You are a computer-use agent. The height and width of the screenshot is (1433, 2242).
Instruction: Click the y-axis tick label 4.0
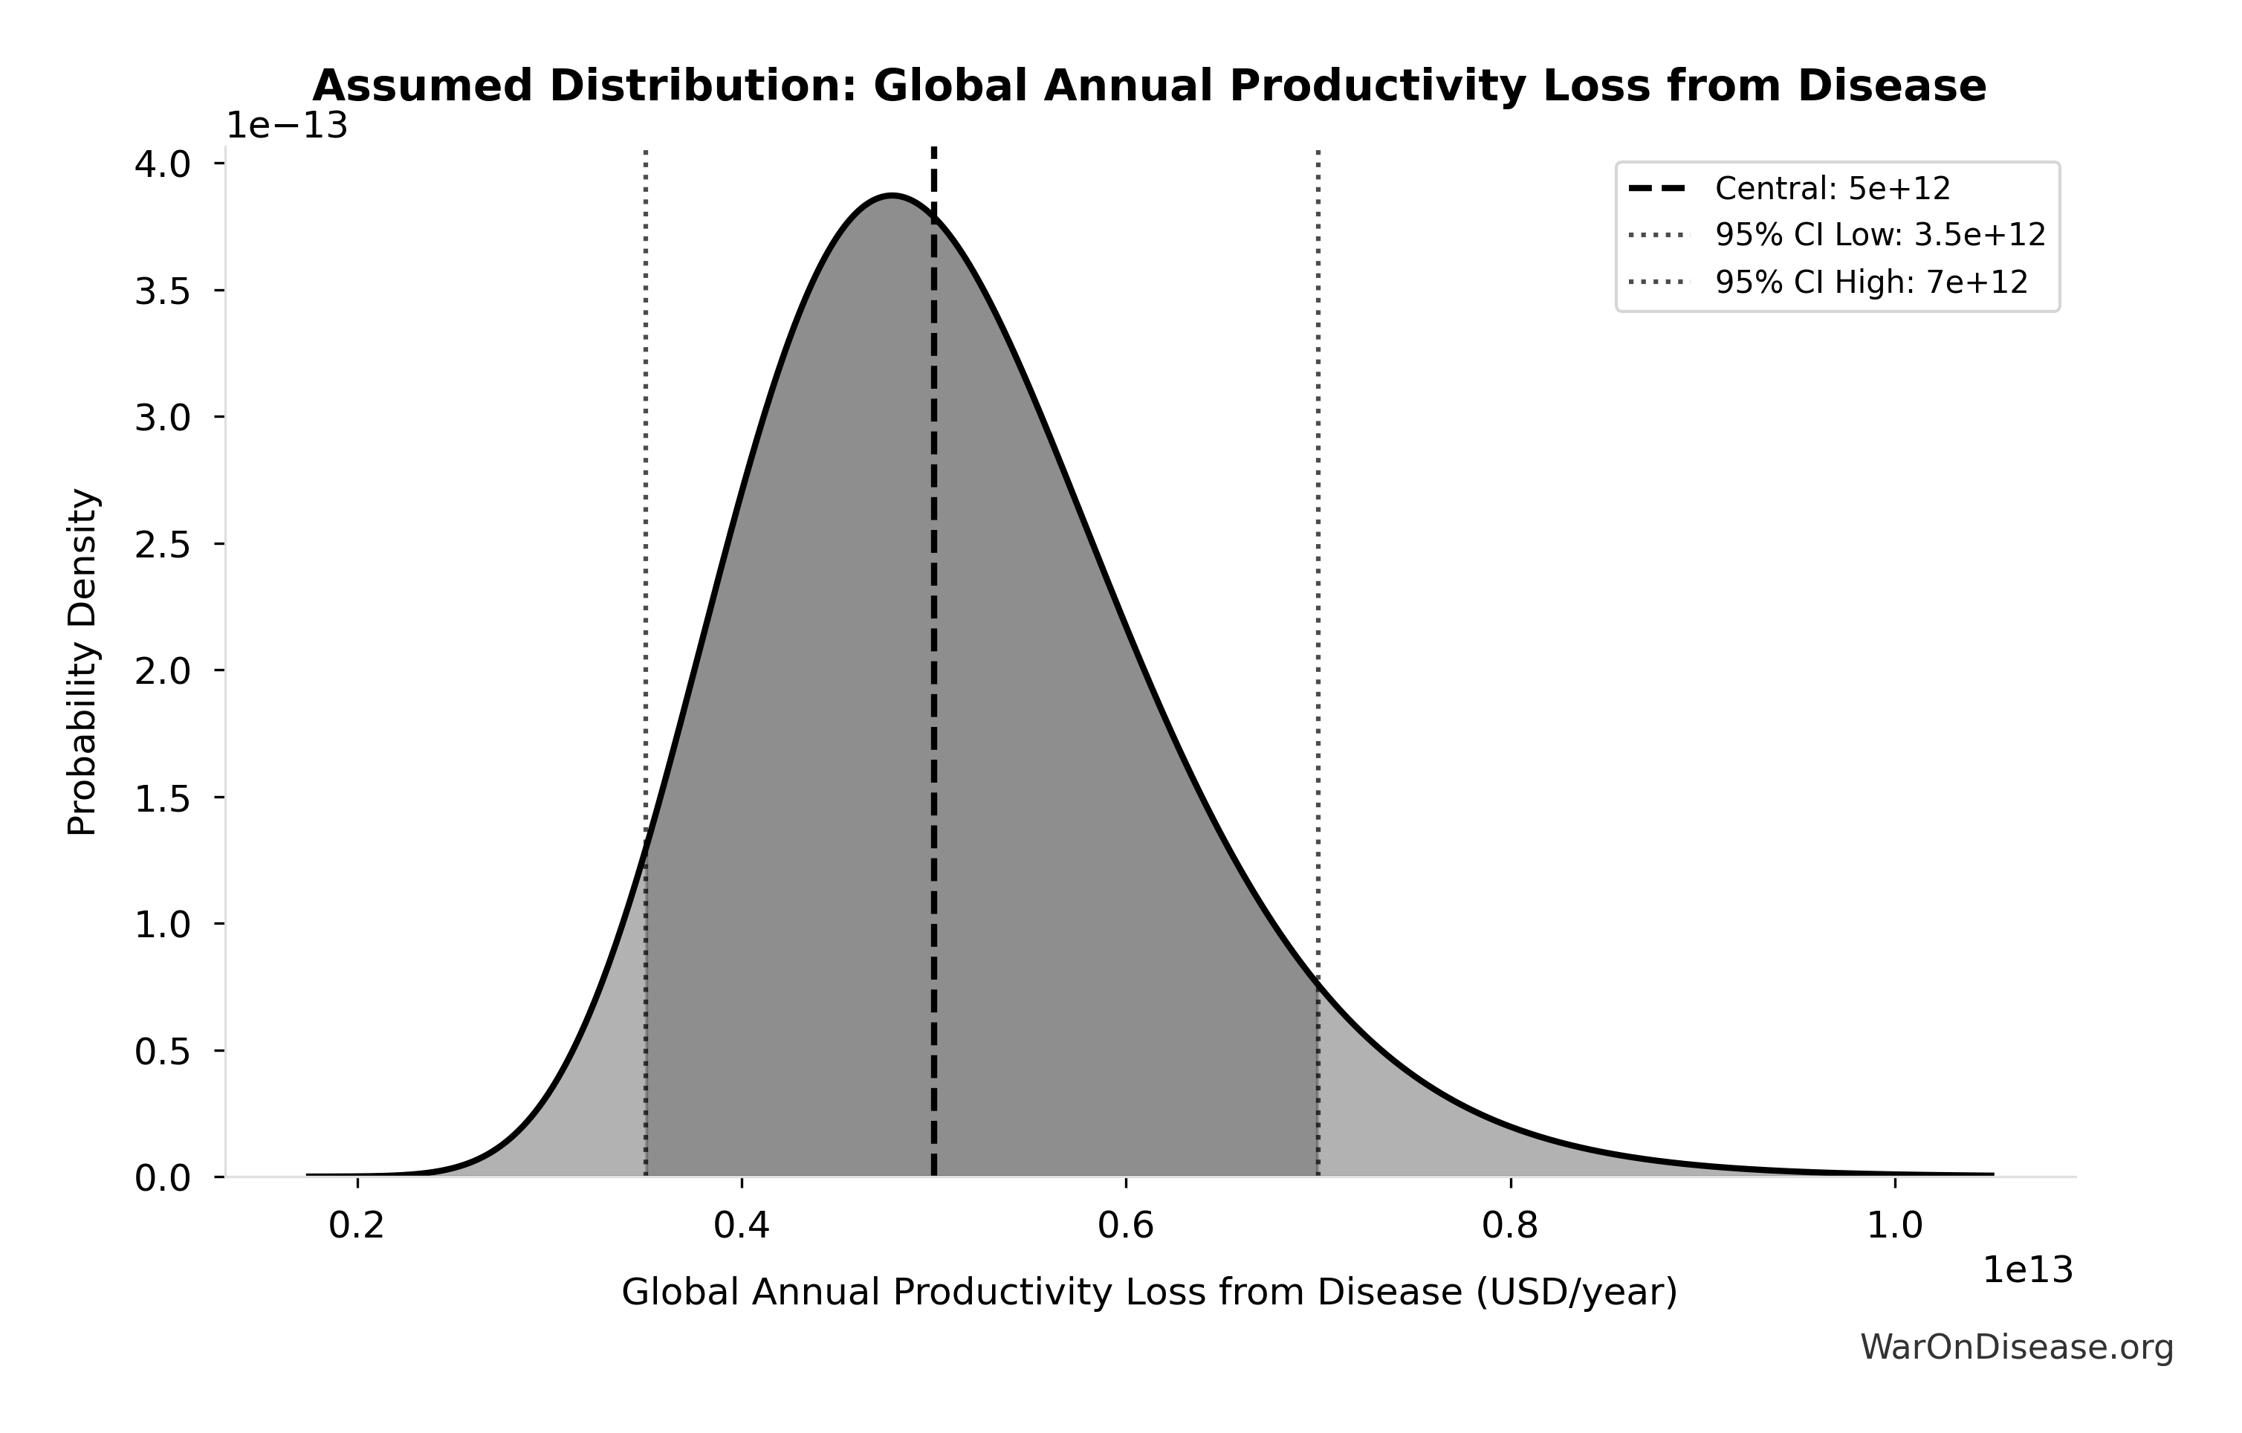[x=162, y=165]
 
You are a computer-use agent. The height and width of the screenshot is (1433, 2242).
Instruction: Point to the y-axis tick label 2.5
[x=162, y=545]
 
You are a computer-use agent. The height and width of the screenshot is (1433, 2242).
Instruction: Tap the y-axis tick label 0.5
[x=162, y=1052]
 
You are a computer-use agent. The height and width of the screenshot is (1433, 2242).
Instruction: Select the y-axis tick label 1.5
[x=162, y=798]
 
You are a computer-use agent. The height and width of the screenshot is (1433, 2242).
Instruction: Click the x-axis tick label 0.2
[x=357, y=1226]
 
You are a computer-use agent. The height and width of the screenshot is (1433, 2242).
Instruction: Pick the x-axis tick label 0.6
[x=1126, y=1226]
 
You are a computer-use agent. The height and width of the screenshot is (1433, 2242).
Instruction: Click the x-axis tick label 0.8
[x=1510, y=1226]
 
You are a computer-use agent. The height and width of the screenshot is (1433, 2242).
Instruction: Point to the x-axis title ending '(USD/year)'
[x=1149, y=1293]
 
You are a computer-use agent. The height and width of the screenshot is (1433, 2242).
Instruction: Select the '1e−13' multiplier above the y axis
[x=287, y=126]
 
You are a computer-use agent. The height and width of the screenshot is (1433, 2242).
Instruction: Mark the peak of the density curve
[x=892, y=195]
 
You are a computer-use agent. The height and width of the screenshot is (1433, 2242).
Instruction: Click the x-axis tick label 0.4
[x=741, y=1226]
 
